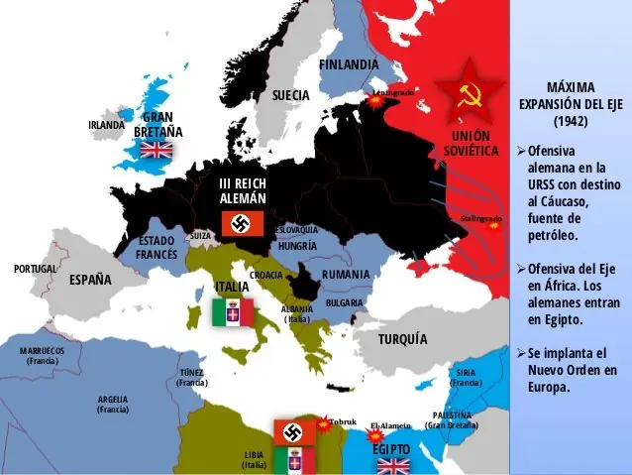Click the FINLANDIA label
[349, 64]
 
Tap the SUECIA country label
[291, 95]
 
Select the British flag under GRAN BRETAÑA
[156, 150]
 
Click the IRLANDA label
[106, 125]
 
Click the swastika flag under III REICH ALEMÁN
[240, 224]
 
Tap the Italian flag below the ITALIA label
[232, 313]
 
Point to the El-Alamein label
[390, 426]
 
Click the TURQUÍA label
[402, 339]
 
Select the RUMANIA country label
[346, 274]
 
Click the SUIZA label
[200, 235]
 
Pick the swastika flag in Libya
[294, 431]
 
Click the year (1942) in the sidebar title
[570, 121]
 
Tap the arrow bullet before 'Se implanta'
[521, 353]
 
